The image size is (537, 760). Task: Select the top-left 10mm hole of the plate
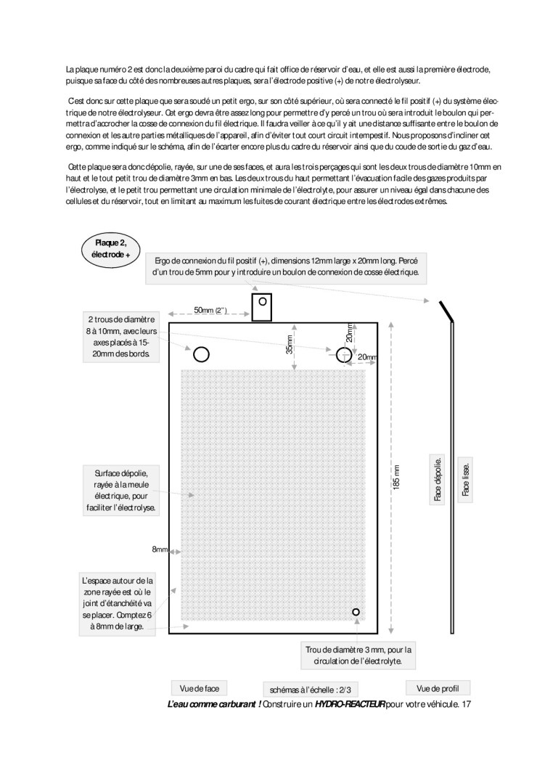[x=201, y=354]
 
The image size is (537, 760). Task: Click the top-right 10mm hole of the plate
[x=344, y=354]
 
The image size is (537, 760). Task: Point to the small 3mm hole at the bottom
[x=356, y=613]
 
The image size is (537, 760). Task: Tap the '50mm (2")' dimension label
[x=210, y=311]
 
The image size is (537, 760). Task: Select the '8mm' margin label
[x=160, y=549]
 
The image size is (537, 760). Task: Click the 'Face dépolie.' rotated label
[x=438, y=479]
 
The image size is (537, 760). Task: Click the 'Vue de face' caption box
[x=199, y=687]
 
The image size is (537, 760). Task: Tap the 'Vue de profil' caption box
[x=438, y=687]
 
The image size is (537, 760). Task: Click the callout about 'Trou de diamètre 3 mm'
[x=358, y=655]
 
